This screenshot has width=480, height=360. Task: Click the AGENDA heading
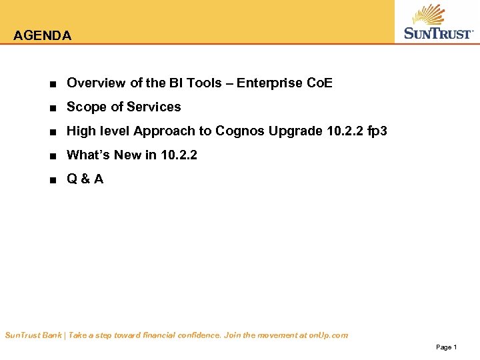[42, 36]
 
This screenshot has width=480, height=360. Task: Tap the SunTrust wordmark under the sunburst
[439, 33]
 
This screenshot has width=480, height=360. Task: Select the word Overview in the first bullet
[96, 83]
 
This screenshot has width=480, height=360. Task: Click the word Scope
[85, 107]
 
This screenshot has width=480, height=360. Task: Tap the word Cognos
[240, 131]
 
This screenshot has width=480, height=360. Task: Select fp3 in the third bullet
[377, 131]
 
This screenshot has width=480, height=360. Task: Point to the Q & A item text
[85, 179]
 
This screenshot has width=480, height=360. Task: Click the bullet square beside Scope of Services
[52, 108]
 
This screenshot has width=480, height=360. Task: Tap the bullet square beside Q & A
[52, 180]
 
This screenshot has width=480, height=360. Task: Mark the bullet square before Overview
[52, 84]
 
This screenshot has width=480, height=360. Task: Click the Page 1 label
[446, 347]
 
